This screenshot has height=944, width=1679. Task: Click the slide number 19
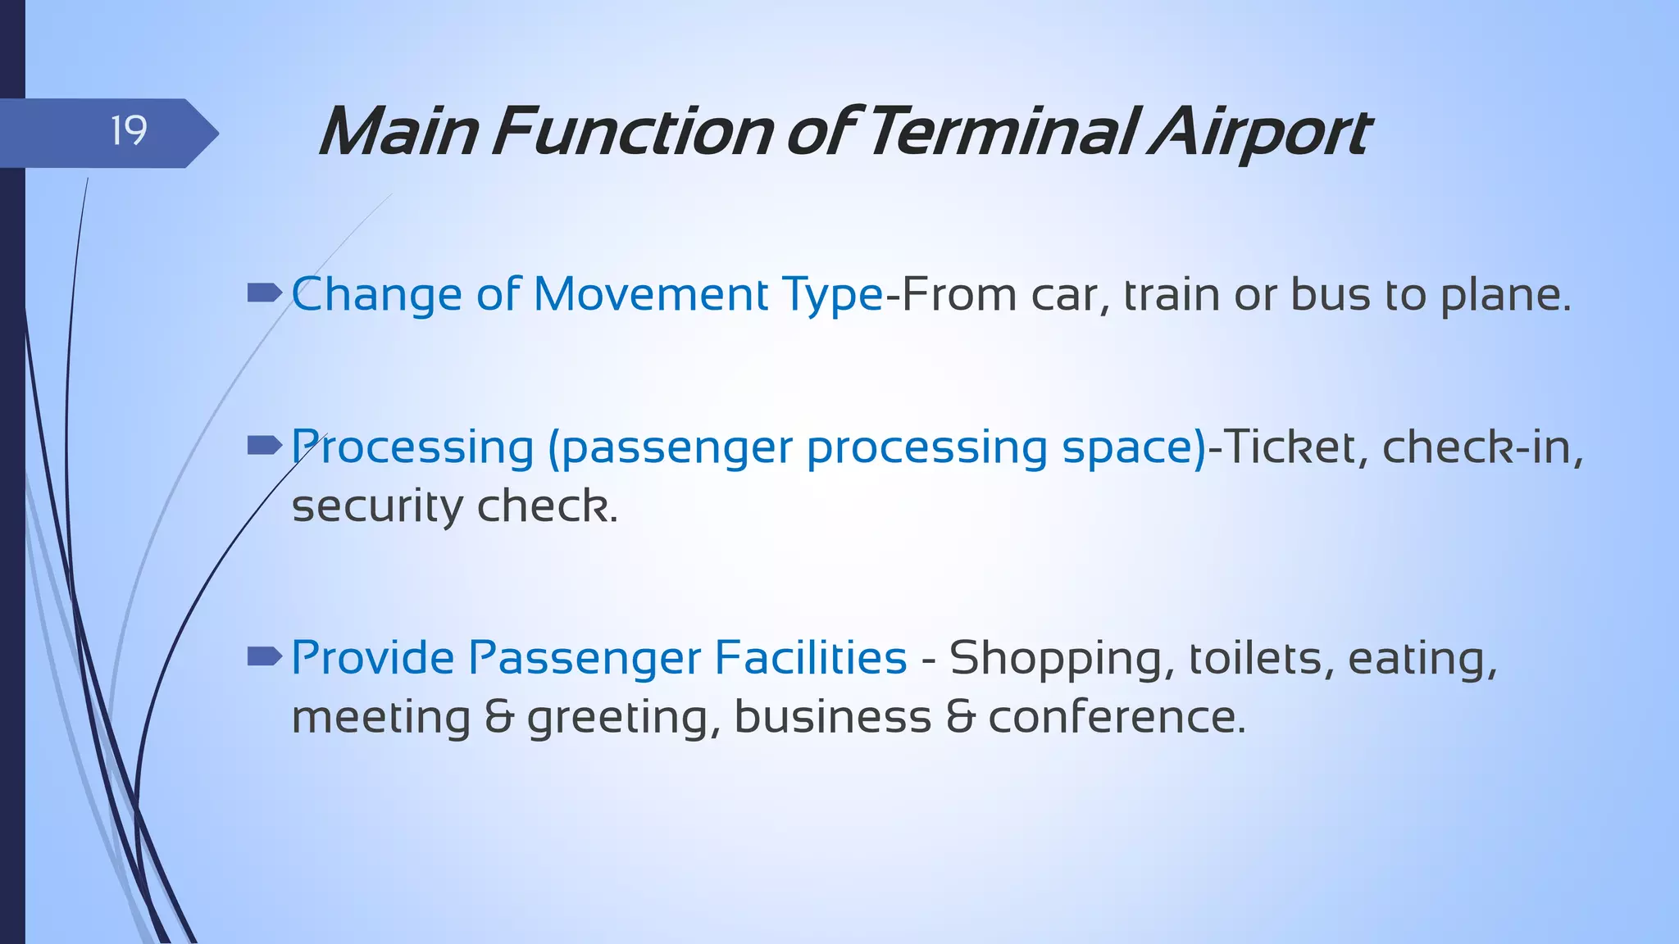pos(129,131)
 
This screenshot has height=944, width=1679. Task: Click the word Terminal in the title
pos(1001,132)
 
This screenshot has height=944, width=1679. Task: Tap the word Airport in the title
pos(1259,132)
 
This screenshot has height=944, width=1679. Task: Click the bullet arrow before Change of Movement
pos(264,293)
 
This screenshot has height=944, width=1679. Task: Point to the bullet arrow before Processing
pos(264,445)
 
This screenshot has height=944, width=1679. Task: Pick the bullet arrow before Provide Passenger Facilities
pos(264,656)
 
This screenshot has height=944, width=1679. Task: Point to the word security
pos(377,506)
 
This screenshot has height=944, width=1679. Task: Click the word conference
pos(1116,717)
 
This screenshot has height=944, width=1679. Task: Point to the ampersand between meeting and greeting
pos(499,717)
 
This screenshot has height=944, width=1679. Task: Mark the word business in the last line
pos(832,717)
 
